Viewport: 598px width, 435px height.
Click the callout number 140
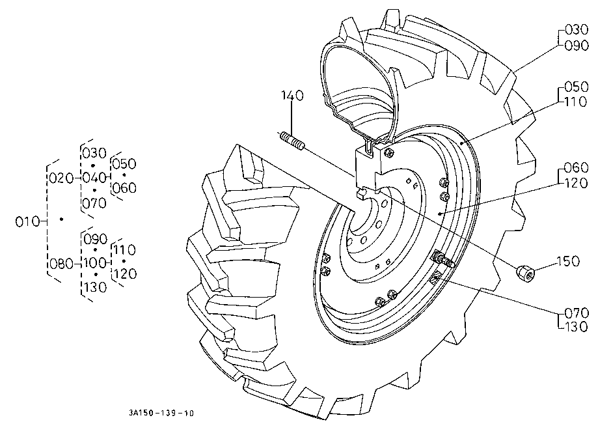coord(292,96)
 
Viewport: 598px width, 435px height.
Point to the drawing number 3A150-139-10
coord(161,414)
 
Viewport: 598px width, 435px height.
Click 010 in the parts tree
coord(27,221)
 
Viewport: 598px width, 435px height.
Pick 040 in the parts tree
coord(94,178)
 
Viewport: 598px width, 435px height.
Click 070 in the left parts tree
coord(94,203)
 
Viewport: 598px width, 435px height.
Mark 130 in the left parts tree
coord(94,287)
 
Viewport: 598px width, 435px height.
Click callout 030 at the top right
coord(577,30)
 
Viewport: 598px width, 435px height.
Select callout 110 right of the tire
coord(577,102)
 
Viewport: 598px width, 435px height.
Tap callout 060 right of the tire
coord(577,171)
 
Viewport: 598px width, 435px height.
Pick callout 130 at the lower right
coord(577,326)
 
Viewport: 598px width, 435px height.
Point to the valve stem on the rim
coord(444,261)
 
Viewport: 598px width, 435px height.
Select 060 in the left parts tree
coord(124,188)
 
